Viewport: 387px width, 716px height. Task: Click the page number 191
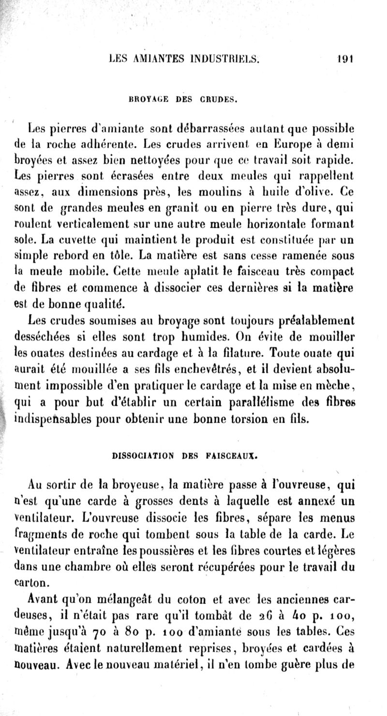click(x=347, y=60)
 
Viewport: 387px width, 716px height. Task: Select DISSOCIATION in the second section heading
click(x=141, y=455)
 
